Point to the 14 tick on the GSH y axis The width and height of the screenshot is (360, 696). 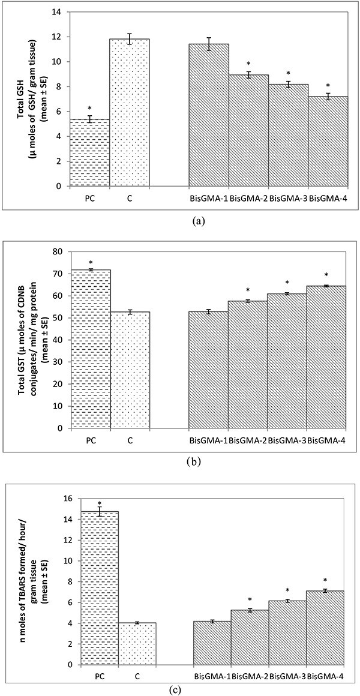click(x=59, y=12)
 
